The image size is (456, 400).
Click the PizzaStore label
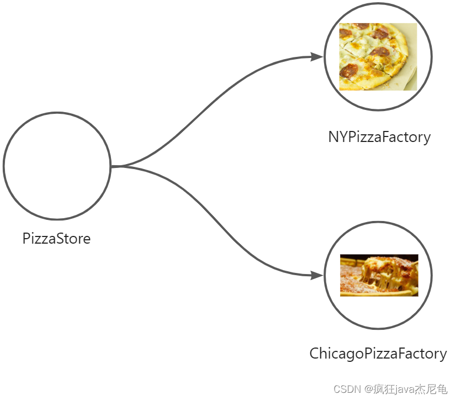pyautogui.click(x=56, y=239)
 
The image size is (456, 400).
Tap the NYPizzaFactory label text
pyautogui.click(x=379, y=137)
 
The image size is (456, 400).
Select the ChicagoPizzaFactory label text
pyautogui.click(x=378, y=354)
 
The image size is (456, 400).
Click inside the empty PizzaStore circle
pyautogui.click(x=57, y=166)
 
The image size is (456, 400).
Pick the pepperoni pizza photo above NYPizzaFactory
pyautogui.click(x=378, y=56)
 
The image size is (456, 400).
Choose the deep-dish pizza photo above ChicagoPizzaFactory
pyautogui.click(x=379, y=275)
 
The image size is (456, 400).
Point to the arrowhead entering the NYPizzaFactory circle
pyautogui.click(x=317, y=57)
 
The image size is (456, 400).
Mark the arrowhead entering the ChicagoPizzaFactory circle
pyautogui.click(x=317, y=275)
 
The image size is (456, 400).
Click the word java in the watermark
pyautogui.click(x=404, y=389)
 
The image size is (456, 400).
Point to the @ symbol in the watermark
pyautogui.click(x=366, y=389)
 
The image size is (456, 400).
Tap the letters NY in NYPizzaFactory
pyautogui.click(x=336, y=137)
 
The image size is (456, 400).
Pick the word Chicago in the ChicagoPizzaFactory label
pyautogui.click(x=337, y=354)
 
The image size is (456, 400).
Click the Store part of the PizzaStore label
pyautogui.click(x=73, y=239)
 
